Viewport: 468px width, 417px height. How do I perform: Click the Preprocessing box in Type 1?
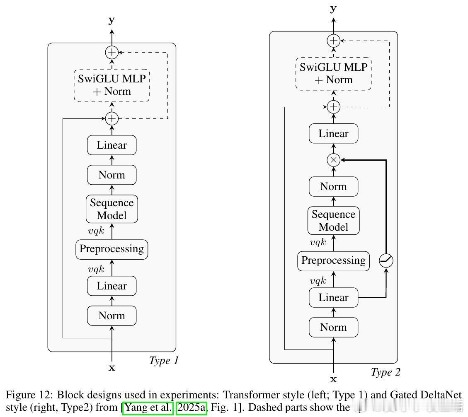pyautogui.click(x=112, y=249)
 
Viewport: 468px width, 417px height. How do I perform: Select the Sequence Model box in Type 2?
pyautogui.click(x=333, y=221)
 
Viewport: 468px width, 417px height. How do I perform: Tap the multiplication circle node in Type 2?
pyautogui.click(x=333, y=160)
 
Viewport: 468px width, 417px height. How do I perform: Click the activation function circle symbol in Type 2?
pyautogui.click(x=386, y=260)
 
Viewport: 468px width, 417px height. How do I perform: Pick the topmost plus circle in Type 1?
pyautogui.click(x=112, y=53)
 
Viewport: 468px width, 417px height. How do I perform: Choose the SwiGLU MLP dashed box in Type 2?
pyautogui.click(x=333, y=74)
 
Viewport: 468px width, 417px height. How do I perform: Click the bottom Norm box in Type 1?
pyautogui.click(x=112, y=316)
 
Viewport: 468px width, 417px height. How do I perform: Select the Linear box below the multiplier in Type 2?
pyautogui.click(x=333, y=134)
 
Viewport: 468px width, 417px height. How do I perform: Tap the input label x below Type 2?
pyautogui.click(x=333, y=379)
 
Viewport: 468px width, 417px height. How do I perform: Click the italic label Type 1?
pyautogui.click(x=163, y=361)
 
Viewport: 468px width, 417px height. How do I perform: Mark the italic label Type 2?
pyautogui.click(x=385, y=372)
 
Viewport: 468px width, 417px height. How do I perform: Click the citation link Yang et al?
pyautogui.click(x=148, y=407)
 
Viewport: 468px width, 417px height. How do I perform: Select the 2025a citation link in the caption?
pyautogui.click(x=192, y=407)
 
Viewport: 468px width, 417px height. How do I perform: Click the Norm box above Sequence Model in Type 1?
pyautogui.click(x=112, y=175)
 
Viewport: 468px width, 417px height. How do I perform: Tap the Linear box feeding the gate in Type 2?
pyautogui.click(x=333, y=298)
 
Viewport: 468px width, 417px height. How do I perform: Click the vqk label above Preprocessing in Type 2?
pyautogui.click(x=318, y=243)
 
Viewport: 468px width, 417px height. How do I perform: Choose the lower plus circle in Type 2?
pyautogui.click(x=333, y=107)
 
